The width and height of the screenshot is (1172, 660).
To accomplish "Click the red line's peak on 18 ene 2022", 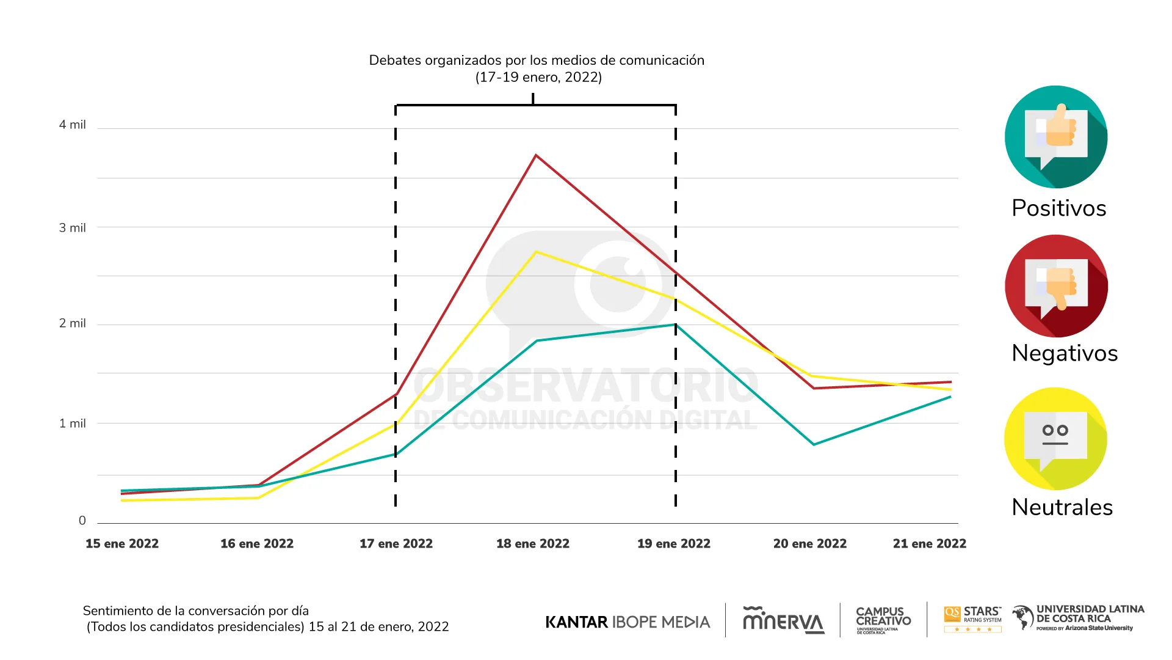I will click(x=535, y=156).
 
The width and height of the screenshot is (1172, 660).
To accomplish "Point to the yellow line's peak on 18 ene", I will click(x=535, y=252).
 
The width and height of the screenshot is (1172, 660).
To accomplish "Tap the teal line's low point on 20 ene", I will click(x=814, y=444).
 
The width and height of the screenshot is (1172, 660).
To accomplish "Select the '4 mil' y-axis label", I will click(x=72, y=125).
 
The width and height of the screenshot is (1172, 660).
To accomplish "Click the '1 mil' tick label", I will click(x=72, y=424).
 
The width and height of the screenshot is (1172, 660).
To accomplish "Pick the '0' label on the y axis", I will click(x=82, y=521).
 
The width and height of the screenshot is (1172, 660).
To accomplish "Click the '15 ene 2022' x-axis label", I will click(x=122, y=543).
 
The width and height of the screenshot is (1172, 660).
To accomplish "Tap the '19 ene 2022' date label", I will click(x=674, y=543).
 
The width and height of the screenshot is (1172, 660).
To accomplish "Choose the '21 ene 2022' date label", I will click(x=929, y=543).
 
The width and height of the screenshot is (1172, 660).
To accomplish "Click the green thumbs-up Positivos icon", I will click(x=1056, y=137).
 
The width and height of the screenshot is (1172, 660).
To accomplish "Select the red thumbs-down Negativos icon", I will click(x=1056, y=286).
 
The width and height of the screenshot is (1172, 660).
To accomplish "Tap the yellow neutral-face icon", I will click(x=1055, y=439).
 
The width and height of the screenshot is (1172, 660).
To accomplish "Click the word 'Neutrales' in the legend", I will click(x=1062, y=507).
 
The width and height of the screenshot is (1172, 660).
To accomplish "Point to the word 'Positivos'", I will click(x=1059, y=208).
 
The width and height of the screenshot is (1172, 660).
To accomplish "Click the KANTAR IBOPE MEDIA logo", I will click(x=628, y=622).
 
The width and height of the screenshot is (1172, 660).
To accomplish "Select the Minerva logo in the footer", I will click(x=783, y=620).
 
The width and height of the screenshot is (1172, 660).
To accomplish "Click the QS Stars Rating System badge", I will click(x=972, y=619).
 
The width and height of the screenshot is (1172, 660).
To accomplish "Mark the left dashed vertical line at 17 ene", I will click(x=396, y=306).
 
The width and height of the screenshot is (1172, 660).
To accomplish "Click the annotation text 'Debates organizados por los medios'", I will click(x=537, y=61).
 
